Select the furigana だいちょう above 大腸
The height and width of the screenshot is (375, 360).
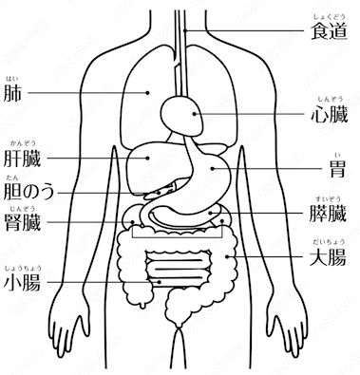click(x=329, y=243)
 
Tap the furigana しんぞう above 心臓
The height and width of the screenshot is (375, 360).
click(x=329, y=100)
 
